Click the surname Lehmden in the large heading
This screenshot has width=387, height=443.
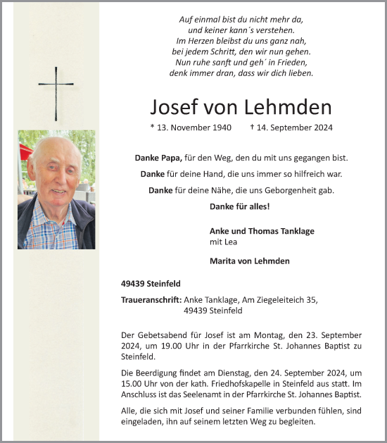pos(288,107)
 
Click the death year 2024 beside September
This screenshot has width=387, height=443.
pos(322,128)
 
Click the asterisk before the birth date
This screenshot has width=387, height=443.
pos(153,128)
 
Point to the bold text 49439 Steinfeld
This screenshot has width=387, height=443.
pos(151,283)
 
